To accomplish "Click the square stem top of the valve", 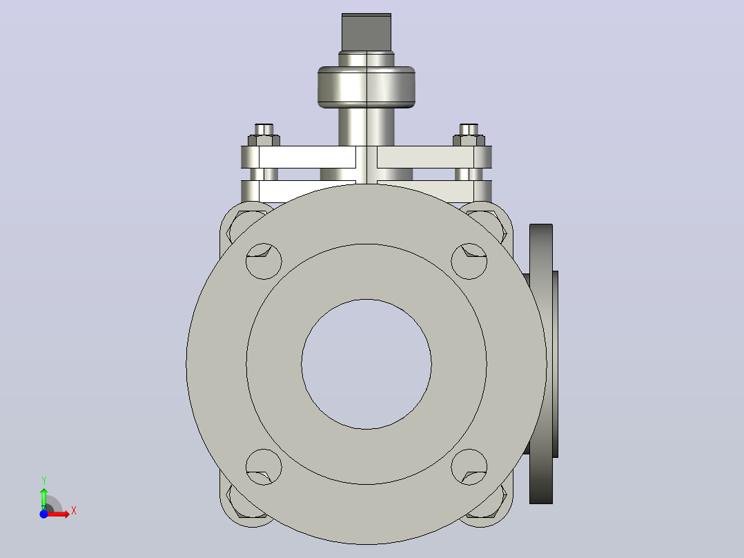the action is (x=366, y=32).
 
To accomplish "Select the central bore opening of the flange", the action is (x=366, y=364).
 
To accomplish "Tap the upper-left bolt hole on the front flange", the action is (x=264, y=261).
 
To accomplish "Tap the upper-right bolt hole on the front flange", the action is (x=469, y=261).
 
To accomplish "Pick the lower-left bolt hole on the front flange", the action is (x=264, y=467).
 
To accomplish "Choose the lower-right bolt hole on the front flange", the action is (x=469, y=467).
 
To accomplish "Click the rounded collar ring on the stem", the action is (x=366, y=87).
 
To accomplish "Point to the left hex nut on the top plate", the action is (x=264, y=141).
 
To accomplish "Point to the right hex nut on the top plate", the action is (x=469, y=141).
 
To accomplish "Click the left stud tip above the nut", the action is (x=264, y=129).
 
